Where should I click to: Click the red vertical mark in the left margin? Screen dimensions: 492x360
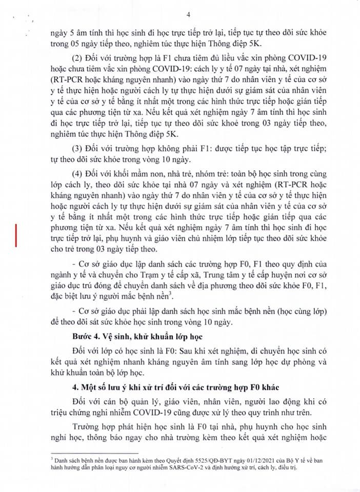pos(18,237)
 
